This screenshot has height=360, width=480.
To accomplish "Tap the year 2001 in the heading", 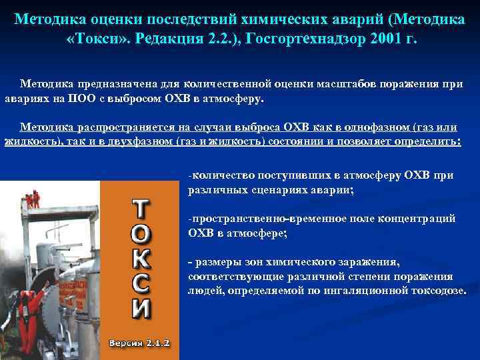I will coord(378,38).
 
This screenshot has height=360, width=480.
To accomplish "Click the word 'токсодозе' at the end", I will coord(438,290).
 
